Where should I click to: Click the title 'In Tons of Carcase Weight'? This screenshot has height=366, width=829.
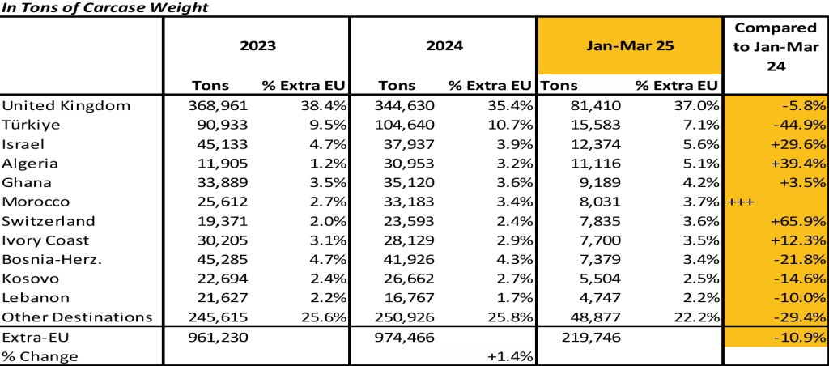click(x=104, y=8)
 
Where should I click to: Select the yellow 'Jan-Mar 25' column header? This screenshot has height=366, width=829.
click(x=630, y=45)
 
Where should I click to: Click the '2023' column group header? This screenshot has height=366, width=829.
click(x=257, y=45)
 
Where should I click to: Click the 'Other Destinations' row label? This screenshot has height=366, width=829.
click(x=77, y=317)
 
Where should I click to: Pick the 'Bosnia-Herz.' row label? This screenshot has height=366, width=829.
click(x=48, y=260)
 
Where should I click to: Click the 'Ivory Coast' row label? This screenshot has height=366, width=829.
click(x=45, y=240)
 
